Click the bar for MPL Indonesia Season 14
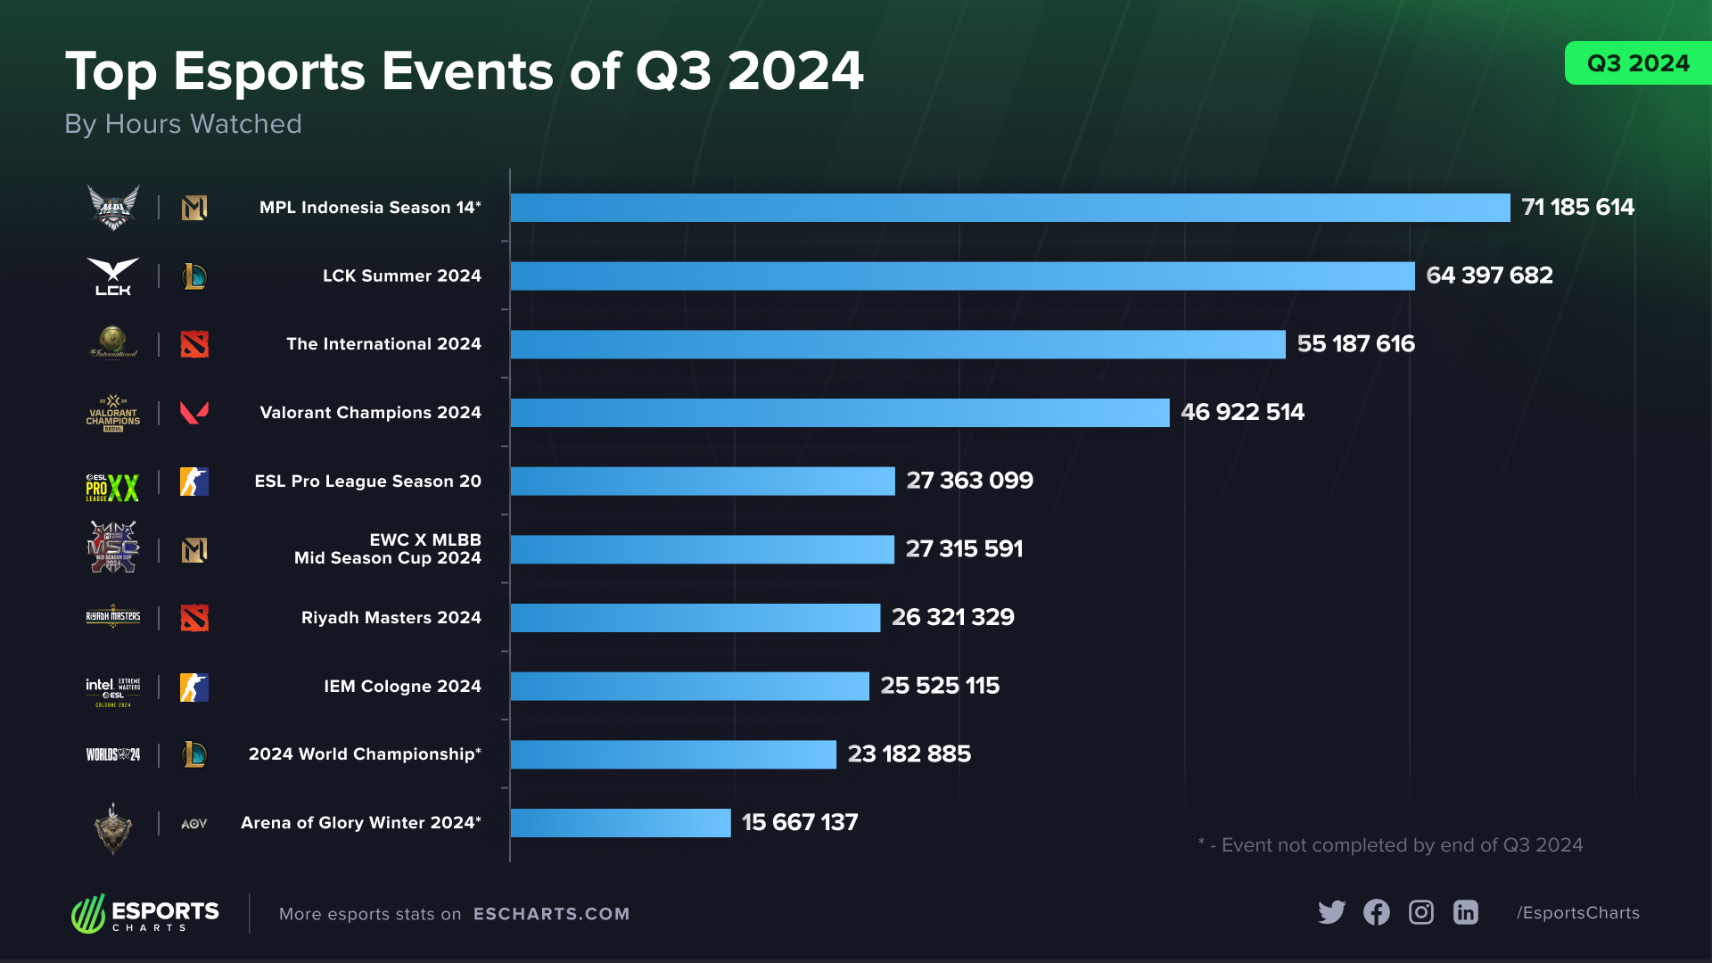tap(1009, 208)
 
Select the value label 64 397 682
tap(1489, 276)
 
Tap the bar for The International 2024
tap(897, 344)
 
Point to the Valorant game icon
tap(194, 413)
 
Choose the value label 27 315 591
tap(964, 549)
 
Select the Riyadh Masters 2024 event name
tap(391, 618)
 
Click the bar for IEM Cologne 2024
tap(689, 687)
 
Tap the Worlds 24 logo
tap(112, 755)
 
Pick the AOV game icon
tap(194, 824)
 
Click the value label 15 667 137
tap(799, 823)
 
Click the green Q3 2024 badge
tap(1637, 63)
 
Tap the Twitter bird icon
tap(1331, 912)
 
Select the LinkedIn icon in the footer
tap(1466, 912)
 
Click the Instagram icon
tap(1421, 912)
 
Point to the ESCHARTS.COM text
tap(551, 914)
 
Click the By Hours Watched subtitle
tap(183, 124)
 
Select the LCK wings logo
tap(113, 276)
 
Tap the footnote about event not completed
tap(1391, 845)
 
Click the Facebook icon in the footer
tap(1376, 912)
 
